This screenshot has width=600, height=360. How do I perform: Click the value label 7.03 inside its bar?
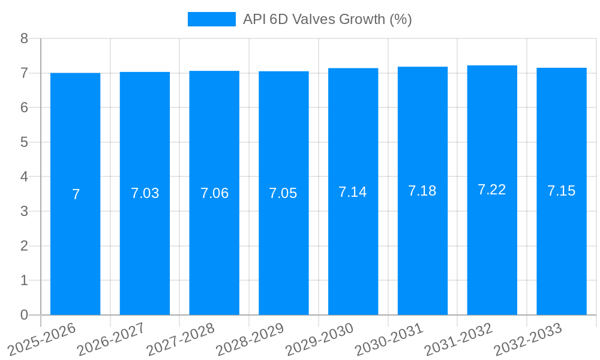145,193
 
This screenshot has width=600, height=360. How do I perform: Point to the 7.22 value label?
491,190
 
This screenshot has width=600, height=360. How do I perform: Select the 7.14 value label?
352,192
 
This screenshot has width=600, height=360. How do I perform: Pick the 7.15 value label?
561,191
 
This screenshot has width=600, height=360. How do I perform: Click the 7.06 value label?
214,193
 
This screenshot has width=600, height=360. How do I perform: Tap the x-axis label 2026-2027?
111,339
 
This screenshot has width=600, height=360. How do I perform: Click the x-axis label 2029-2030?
319,339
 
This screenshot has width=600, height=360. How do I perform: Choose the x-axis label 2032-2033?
527,339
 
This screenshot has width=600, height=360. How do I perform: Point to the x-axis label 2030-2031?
389,339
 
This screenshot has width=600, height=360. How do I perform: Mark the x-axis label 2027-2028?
180,339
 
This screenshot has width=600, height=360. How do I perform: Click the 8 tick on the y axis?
24,38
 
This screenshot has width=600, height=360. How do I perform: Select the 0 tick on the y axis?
24,315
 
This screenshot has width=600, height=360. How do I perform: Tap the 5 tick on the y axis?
24,142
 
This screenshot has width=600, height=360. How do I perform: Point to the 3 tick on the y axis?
24,211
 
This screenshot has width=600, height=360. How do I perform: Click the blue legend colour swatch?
211,19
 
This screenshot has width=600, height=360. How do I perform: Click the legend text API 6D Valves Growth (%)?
327,19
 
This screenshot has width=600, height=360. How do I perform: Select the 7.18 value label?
422,191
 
